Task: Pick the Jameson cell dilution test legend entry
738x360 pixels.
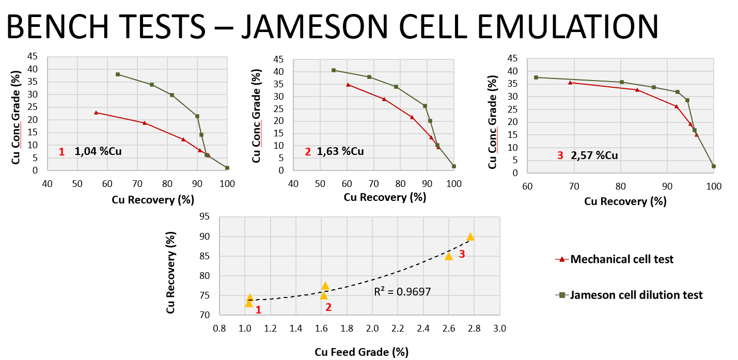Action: [636, 295]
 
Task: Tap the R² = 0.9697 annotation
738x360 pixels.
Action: [402, 292]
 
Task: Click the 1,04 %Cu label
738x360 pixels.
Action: [99, 151]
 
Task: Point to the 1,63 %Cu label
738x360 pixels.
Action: [341, 151]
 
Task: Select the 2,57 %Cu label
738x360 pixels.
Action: [594, 155]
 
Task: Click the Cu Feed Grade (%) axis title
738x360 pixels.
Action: [362, 352]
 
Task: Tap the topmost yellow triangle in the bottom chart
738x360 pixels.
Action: [470, 237]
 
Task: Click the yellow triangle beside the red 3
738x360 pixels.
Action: [449, 256]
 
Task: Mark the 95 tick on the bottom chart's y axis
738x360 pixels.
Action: [205, 217]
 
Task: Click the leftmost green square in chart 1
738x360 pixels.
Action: [118, 74]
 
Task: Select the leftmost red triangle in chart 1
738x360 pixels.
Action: [96, 112]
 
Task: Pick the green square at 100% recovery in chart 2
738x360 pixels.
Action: [454, 166]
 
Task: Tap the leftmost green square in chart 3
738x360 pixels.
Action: [536, 77]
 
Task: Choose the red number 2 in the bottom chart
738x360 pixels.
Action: [328, 307]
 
